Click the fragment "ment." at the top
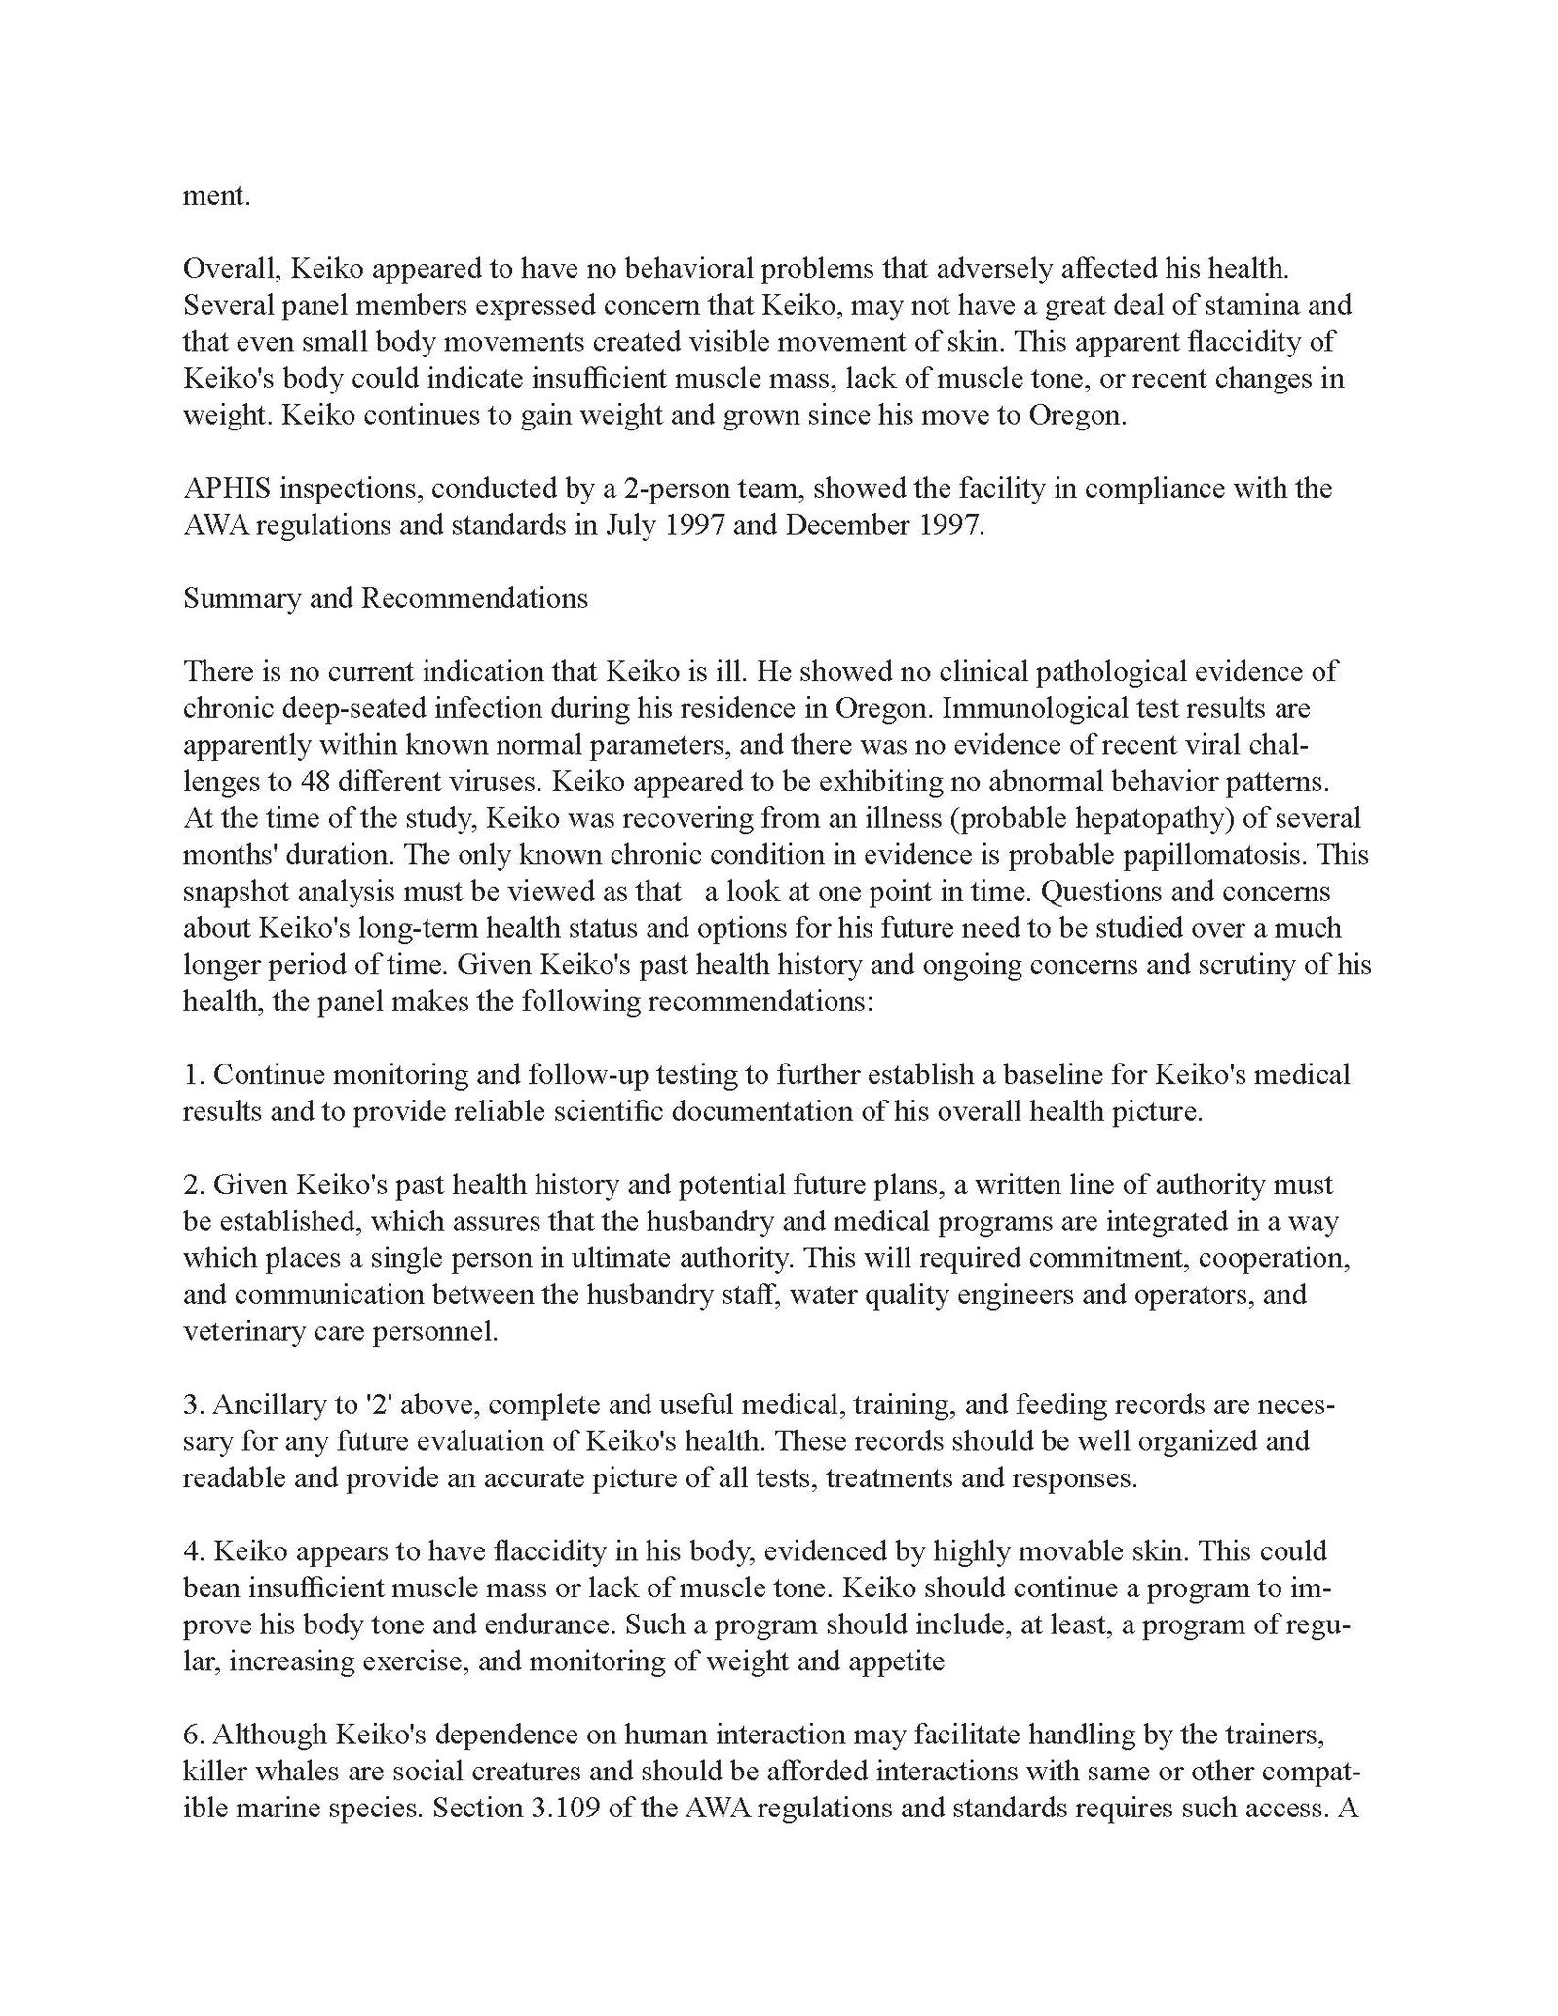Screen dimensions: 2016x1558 pos(216,195)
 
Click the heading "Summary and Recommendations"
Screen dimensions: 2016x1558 pos(385,597)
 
